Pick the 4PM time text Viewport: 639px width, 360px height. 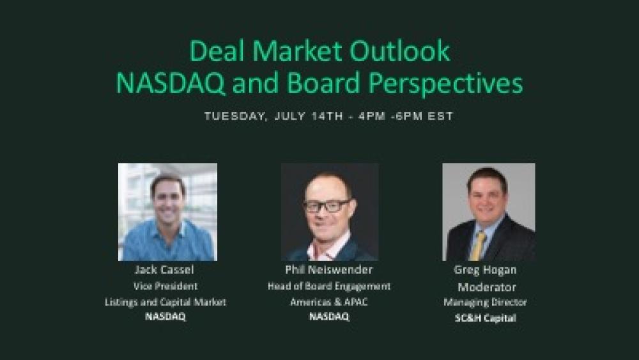click(364, 116)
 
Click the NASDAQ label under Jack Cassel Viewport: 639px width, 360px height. click(166, 317)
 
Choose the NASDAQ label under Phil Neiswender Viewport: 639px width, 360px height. click(328, 317)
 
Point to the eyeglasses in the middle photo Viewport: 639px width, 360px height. click(327, 206)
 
